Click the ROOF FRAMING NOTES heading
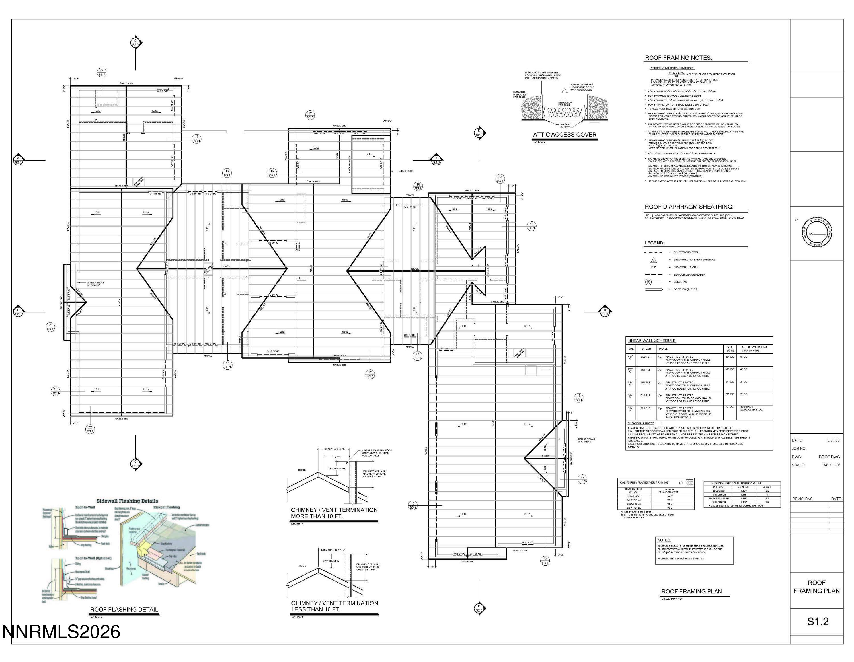(x=678, y=58)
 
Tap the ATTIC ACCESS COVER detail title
(x=565, y=135)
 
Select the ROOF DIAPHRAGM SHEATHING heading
(x=689, y=207)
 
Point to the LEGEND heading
(x=654, y=243)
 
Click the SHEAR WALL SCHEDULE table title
(x=652, y=340)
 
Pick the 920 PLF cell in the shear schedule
(x=646, y=408)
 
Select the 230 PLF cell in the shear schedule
(x=646, y=357)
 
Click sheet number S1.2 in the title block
(x=818, y=621)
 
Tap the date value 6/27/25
(x=833, y=440)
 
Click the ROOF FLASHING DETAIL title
(x=124, y=609)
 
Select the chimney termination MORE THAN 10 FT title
(x=334, y=513)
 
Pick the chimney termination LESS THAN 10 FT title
(x=334, y=606)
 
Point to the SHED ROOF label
(x=406, y=171)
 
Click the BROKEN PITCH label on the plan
(x=350, y=164)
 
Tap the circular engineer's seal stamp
(x=816, y=232)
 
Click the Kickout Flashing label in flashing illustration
(x=167, y=507)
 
